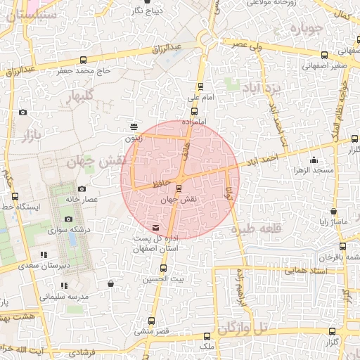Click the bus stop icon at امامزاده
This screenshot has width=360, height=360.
click(194, 111)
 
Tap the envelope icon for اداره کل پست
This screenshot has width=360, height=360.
click(155, 227)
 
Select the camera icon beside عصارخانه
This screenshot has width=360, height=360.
click(82, 188)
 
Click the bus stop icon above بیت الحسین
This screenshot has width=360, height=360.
click(164, 268)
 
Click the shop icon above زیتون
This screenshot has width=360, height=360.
click(134, 127)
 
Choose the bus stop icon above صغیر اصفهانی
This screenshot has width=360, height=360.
click(324, 56)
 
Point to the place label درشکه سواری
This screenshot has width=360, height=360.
click(69, 229)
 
